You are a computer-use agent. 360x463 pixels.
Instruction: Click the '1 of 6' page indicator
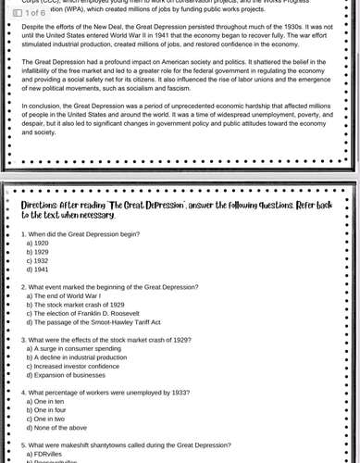tap(29, 13)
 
